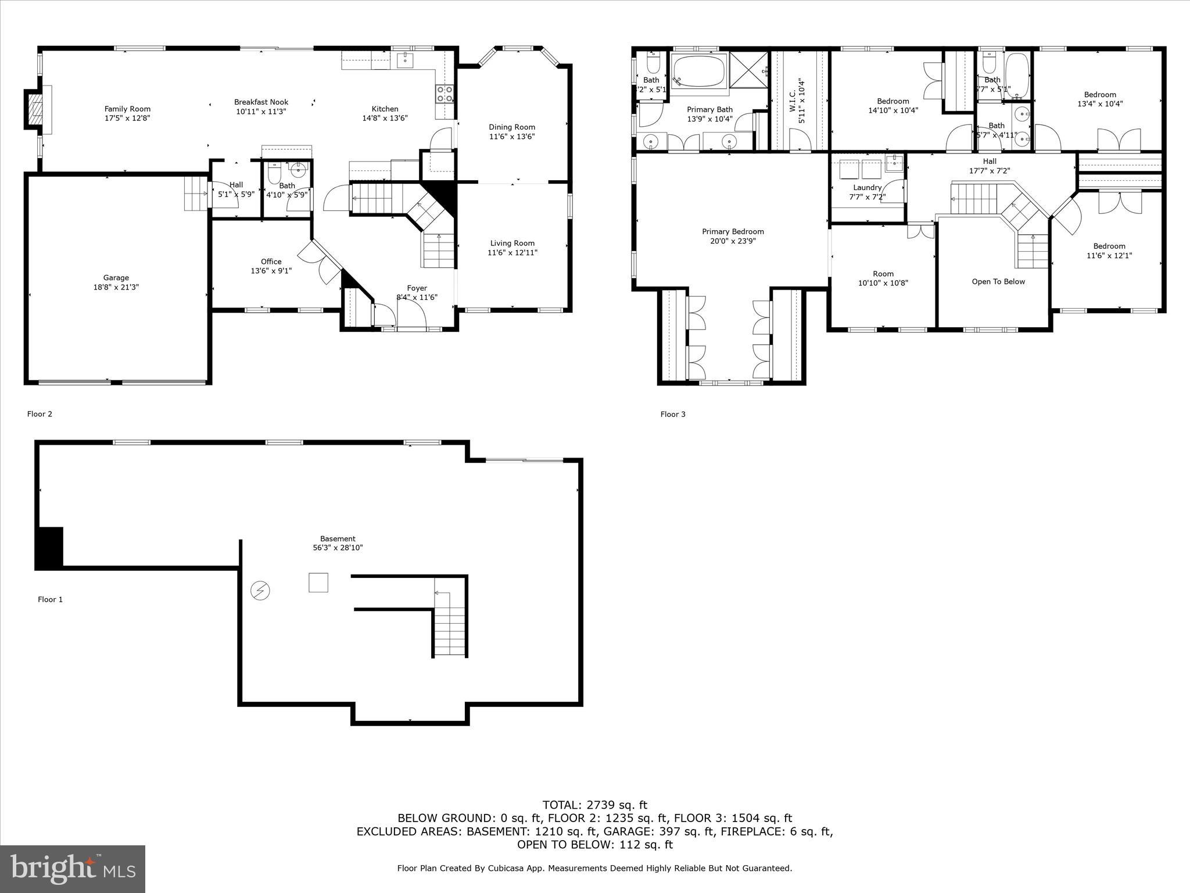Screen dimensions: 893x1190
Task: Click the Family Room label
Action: (x=127, y=109)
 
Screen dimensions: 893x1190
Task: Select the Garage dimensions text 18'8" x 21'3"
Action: (x=116, y=287)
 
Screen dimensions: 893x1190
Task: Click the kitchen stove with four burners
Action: (x=445, y=94)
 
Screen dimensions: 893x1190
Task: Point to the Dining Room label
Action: (x=511, y=127)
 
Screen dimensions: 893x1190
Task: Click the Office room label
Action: (x=271, y=262)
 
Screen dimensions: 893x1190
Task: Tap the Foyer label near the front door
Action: (x=417, y=288)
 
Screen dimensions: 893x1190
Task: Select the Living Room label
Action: (x=512, y=244)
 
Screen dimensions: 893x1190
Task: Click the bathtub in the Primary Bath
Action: (x=699, y=71)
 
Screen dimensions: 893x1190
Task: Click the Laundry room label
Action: (x=867, y=188)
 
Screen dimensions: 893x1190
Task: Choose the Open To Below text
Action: (x=998, y=282)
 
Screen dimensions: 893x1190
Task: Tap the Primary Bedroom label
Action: (x=733, y=232)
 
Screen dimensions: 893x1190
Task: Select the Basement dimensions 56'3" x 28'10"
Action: (x=338, y=548)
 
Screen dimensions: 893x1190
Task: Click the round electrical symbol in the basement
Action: (x=260, y=591)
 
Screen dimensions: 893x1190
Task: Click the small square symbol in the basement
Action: (x=318, y=582)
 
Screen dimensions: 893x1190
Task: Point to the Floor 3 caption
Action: (x=673, y=415)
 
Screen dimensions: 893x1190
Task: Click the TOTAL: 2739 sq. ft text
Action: (x=594, y=805)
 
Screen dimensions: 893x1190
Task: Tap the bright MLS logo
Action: (x=73, y=869)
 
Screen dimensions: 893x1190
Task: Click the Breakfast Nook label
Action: (x=261, y=102)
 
